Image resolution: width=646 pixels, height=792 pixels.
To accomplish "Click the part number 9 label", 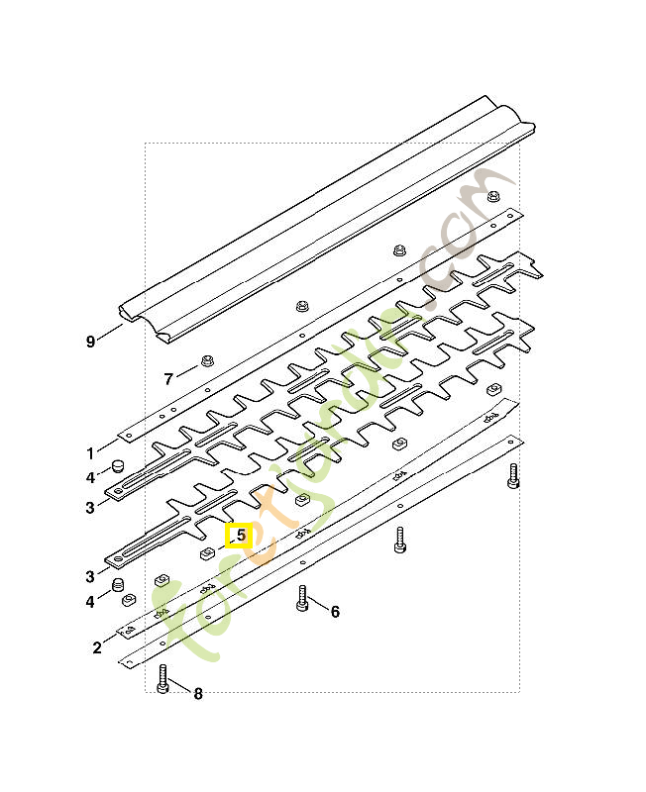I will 90,342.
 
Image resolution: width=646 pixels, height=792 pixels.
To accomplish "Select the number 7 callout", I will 168,378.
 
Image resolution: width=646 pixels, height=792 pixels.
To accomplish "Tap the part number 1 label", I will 90,454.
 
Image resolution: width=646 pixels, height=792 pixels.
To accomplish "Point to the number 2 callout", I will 97,647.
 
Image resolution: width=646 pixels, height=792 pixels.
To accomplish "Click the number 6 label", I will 335,612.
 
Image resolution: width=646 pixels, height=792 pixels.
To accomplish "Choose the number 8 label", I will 197,694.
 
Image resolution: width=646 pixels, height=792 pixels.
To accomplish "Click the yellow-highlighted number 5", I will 239,537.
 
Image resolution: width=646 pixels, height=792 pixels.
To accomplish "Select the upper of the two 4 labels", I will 90,478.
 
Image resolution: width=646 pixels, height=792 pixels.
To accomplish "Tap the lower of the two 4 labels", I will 90,601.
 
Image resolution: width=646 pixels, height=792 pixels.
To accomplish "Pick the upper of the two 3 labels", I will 90,508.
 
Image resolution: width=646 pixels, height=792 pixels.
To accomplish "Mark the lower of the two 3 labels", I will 90,576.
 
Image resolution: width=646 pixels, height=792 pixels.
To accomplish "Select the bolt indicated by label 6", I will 302,598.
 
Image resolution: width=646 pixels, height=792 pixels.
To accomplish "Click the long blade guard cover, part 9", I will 327,218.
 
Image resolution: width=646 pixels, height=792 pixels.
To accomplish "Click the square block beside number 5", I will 207,551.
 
